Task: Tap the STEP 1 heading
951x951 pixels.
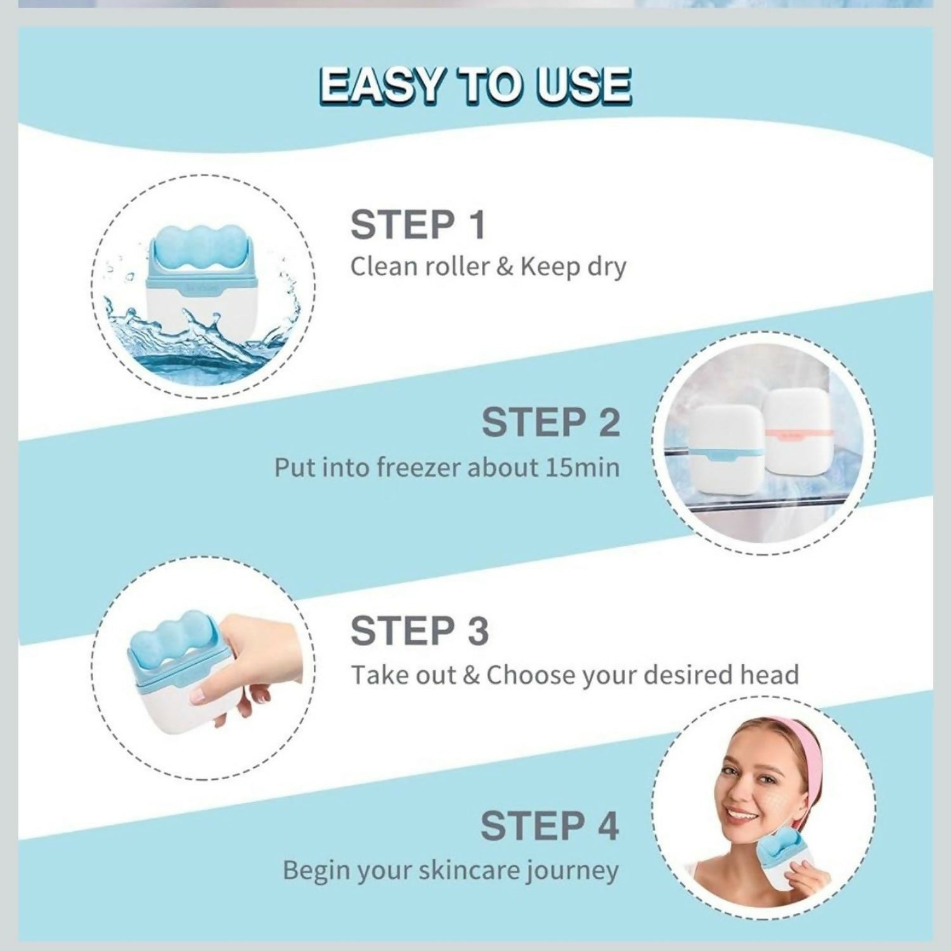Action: (x=418, y=225)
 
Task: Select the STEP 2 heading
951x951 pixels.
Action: (x=550, y=423)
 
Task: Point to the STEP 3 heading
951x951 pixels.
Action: (x=419, y=631)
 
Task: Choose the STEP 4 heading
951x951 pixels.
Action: (x=549, y=826)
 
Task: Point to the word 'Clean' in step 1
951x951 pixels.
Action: (x=382, y=267)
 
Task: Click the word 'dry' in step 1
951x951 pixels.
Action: (x=606, y=267)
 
